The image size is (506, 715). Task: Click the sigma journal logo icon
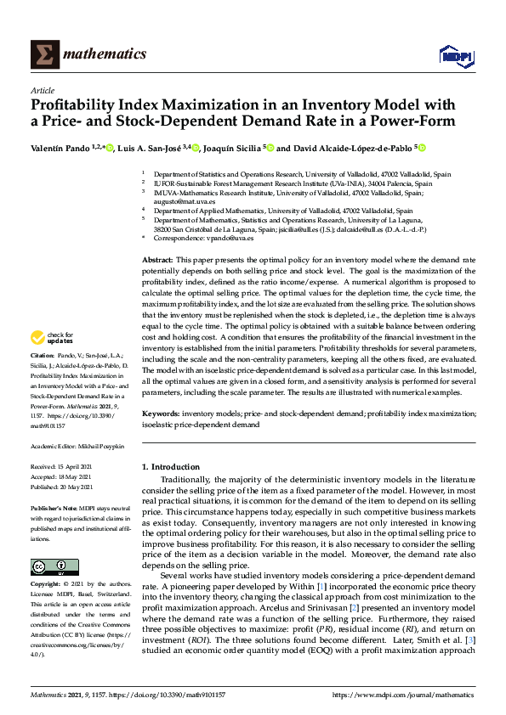tap(45, 55)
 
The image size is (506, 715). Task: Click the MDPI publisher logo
tap(455, 56)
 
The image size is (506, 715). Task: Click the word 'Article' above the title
tap(43, 90)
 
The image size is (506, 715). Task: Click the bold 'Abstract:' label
tap(157, 258)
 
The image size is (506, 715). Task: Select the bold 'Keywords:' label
tap(161, 413)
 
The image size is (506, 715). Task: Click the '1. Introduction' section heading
tap(173, 468)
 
